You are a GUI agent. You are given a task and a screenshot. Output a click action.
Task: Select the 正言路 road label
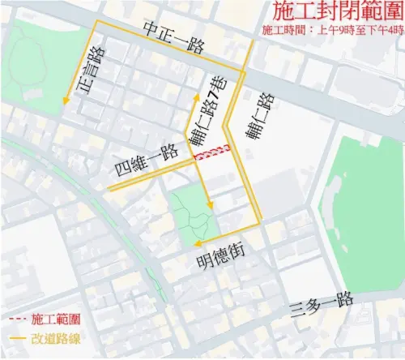click(92, 74)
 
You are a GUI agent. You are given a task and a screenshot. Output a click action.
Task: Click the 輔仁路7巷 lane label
click(210, 114)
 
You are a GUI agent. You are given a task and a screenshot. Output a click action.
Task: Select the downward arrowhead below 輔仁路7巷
click(210, 205)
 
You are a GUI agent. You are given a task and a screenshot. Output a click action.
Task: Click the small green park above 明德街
click(190, 214)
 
